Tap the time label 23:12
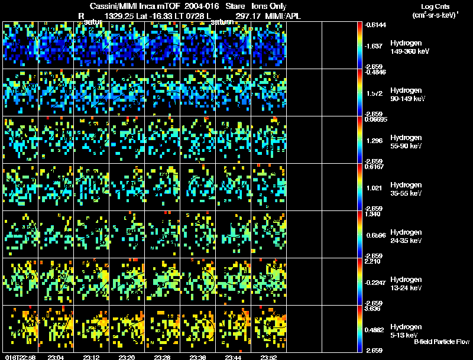(92, 357)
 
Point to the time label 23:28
(163, 357)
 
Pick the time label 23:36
(199, 357)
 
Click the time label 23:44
(234, 357)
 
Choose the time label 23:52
(269, 357)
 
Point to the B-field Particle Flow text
(442, 342)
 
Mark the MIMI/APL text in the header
(283, 16)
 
